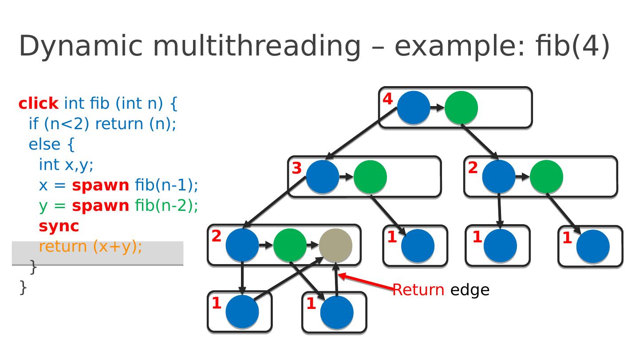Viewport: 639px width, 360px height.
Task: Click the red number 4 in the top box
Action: [x=388, y=99]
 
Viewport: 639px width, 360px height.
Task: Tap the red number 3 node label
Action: [x=296, y=168]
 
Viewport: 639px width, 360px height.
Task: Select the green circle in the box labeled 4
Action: [x=461, y=107]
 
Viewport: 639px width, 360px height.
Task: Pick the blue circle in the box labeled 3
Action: [x=323, y=177]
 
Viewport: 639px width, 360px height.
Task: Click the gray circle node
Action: [x=335, y=245]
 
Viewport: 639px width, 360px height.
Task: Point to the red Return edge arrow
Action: [x=366, y=282]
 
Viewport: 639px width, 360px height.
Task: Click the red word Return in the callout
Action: [x=418, y=290]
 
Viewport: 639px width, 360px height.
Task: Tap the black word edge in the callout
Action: [x=469, y=290]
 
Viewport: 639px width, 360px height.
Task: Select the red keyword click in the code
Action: [x=38, y=103]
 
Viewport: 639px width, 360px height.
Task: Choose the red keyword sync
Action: [x=59, y=226]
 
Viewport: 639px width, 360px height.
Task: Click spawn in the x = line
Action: [x=100, y=185]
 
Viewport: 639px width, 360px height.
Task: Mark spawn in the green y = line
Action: [x=100, y=206]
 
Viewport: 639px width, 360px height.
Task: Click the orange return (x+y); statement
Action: [x=91, y=246]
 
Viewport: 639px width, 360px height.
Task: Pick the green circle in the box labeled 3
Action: [x=370, y=177]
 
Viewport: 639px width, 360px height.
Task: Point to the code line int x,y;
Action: [x=66, y=165]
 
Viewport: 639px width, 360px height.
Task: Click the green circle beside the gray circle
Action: [x=290, y=245]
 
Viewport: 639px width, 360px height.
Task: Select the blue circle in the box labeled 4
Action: [x=414, y=107]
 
